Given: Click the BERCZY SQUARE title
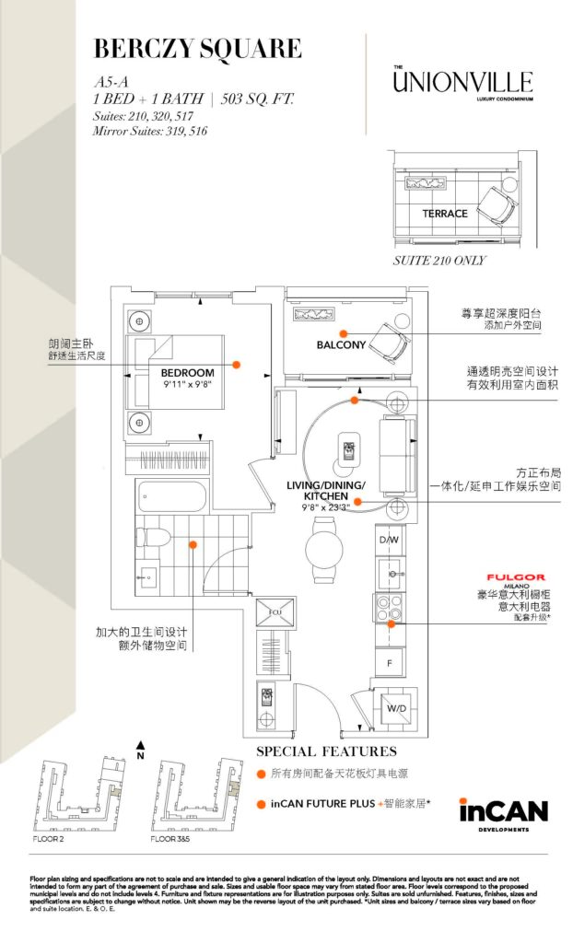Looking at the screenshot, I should coord(197,48).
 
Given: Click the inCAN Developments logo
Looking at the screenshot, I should coord(503,813).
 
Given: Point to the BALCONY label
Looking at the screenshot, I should coord(341,345).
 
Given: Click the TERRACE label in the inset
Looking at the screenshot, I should coord(445,214).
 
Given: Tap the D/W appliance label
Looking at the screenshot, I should coord(390,539).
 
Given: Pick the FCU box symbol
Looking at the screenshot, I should coord(275,611).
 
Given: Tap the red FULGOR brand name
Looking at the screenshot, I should coord(522,577).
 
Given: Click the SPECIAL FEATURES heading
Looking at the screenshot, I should coord(326,751).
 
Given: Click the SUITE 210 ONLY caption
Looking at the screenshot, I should coord(439,261).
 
